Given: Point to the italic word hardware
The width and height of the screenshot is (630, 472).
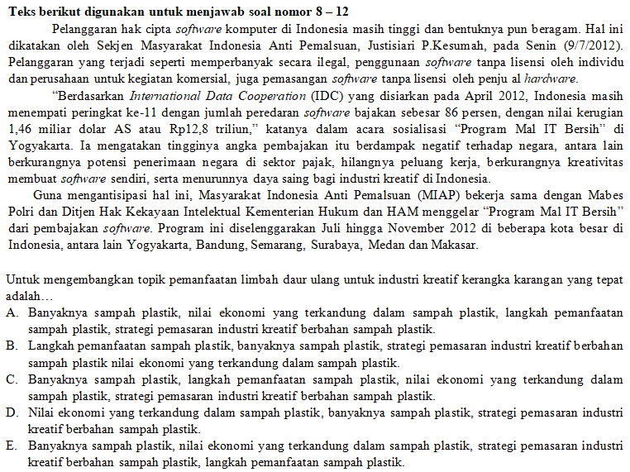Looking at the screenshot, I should click(x=551, y=79).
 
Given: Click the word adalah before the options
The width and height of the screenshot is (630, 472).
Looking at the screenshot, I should click(x=25, y=296).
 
